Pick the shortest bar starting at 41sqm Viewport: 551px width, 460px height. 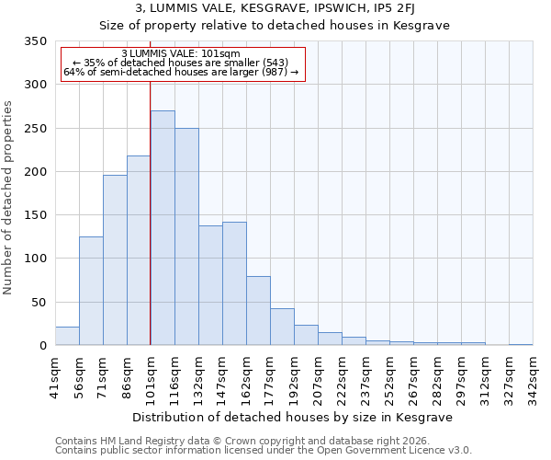point(67,336)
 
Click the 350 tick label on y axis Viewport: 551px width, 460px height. point(34,41)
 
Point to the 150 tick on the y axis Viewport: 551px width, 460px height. point(34,215)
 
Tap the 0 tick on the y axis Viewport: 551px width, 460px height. point(41,346)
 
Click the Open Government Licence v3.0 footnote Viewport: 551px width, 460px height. point(264,450)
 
